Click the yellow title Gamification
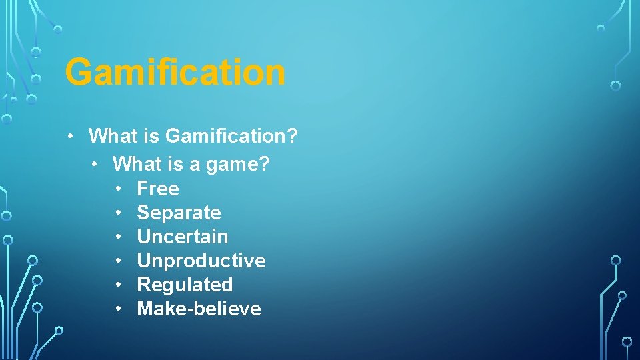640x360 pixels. coord(175,72)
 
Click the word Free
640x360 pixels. coord(158,189)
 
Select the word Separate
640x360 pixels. coord(179,213)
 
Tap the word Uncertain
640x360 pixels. coord(182,237)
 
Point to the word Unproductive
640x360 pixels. coord(201,261)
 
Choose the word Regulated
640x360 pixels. coord(185,285)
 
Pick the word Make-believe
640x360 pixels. coord(199,309)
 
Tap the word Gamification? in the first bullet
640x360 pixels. coord(231,137)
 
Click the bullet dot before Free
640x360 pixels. coord(117,189)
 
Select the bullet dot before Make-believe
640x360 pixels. coord(117,309)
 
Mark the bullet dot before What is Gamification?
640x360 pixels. coord(69,137)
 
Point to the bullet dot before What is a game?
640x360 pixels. coord(94,164)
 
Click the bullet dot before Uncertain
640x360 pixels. coord(117,237)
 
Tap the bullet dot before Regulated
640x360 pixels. coord(117,285)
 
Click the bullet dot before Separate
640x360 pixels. coord(117,213)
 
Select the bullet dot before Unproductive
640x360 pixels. coord(117,261)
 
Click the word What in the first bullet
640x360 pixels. coord(113,137)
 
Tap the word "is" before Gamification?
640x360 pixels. coord(151,137)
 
